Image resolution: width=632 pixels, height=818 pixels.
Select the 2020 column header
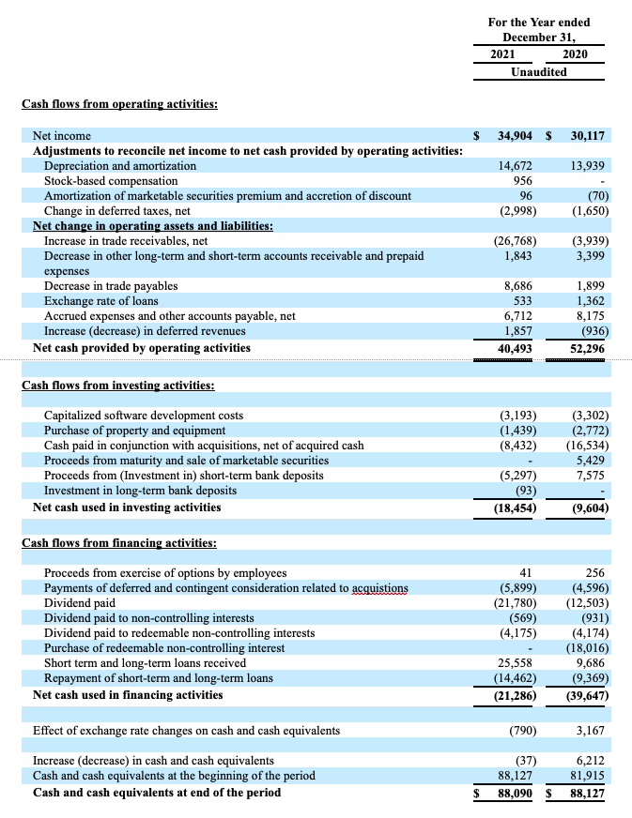575,53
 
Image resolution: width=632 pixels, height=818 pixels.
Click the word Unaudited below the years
538,71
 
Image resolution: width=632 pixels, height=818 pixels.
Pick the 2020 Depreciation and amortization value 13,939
588,165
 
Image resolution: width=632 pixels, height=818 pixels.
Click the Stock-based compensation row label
111,180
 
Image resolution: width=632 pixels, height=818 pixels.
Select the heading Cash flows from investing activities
117,385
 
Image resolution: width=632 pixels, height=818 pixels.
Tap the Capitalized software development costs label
144,415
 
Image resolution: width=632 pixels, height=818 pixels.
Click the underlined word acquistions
379,588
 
